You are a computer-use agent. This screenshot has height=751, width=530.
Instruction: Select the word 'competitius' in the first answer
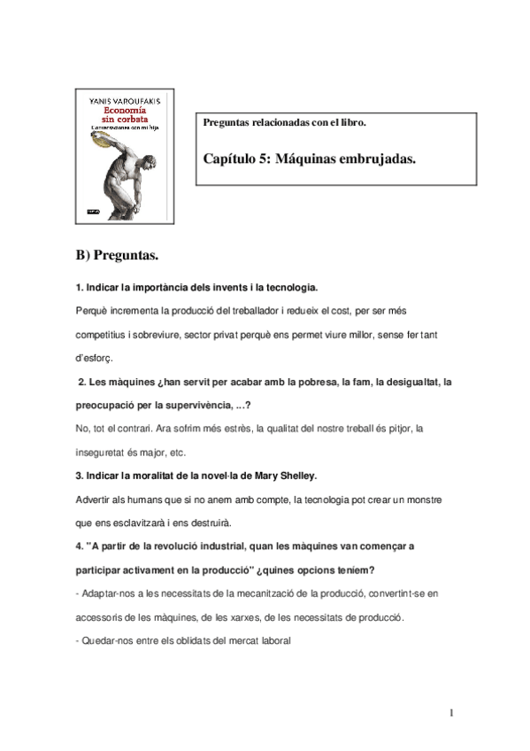[x=102, y=336]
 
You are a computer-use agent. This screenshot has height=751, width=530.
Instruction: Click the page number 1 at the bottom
[x=450, y=712]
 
